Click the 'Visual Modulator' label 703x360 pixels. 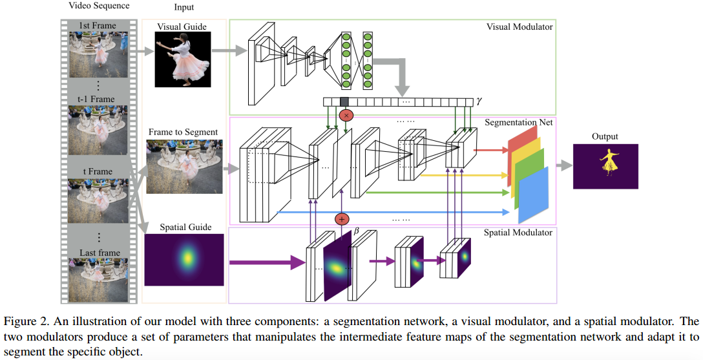[x=519, y=26]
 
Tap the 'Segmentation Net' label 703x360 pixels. [x=519, y=122]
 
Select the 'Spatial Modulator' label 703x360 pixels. [x=518, y=232]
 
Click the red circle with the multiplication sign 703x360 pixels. [x=346, y=115]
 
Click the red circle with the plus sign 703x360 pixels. [x=342, y=219]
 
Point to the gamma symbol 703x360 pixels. [x=479, y=101]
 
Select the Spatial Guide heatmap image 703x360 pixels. [x=184, y=259]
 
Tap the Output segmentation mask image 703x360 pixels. [x=605, y=166]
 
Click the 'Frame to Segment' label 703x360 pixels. [x=183, y=132]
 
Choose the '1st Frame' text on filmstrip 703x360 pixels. [x=98, y=26]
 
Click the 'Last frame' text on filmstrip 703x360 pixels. [x=98, y=253]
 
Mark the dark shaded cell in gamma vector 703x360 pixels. [x=344, y=101]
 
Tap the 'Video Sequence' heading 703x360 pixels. [x=99, y=6]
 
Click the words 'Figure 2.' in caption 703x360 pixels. [x=24, y=321]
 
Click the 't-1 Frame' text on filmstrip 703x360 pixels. [x=98, y=99]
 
